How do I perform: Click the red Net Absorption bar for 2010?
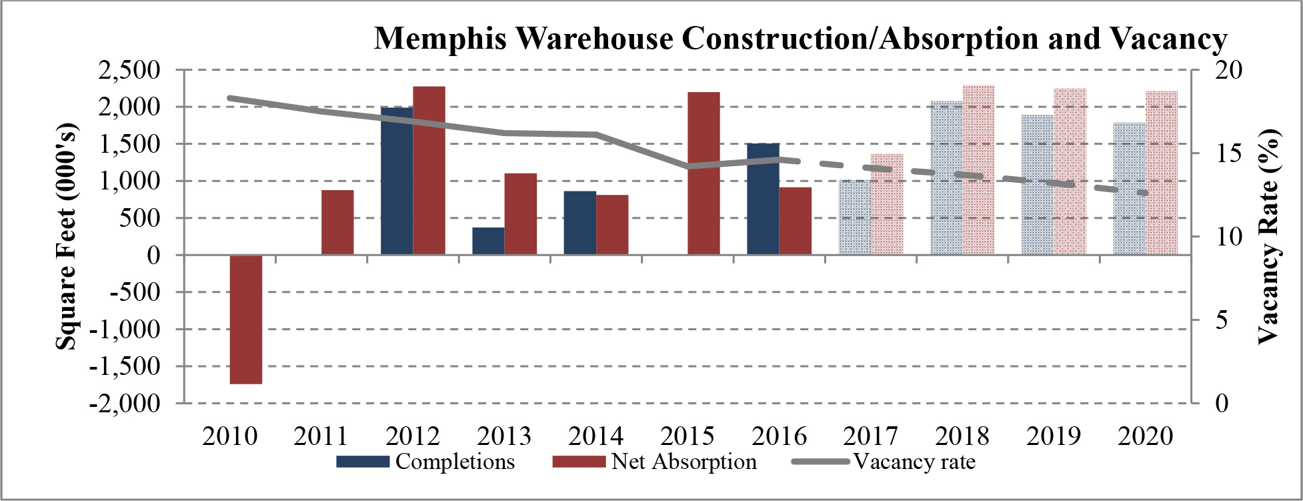[x=246, y=319]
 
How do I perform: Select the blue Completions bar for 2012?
[x=397, y=181]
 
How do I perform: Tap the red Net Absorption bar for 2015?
[x=704, y=173]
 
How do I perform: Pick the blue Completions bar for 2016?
[x=763, y=199]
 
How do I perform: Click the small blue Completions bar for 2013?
[x=488, y=241]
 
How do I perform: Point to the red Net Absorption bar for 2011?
[x=337, y=222]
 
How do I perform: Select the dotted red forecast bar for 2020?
[x=1162, y=173]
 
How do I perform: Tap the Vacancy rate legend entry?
[x=884, y=462]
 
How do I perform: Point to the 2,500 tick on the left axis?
[x=129, y=69]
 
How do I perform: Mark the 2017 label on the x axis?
[x=870, y=436]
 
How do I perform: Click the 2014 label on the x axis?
[x=595, y=436]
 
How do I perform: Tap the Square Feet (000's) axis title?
[x=66, y=236]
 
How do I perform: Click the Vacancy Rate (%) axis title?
[x=1269, y=236]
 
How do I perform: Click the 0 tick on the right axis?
[x=1221, y=403]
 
